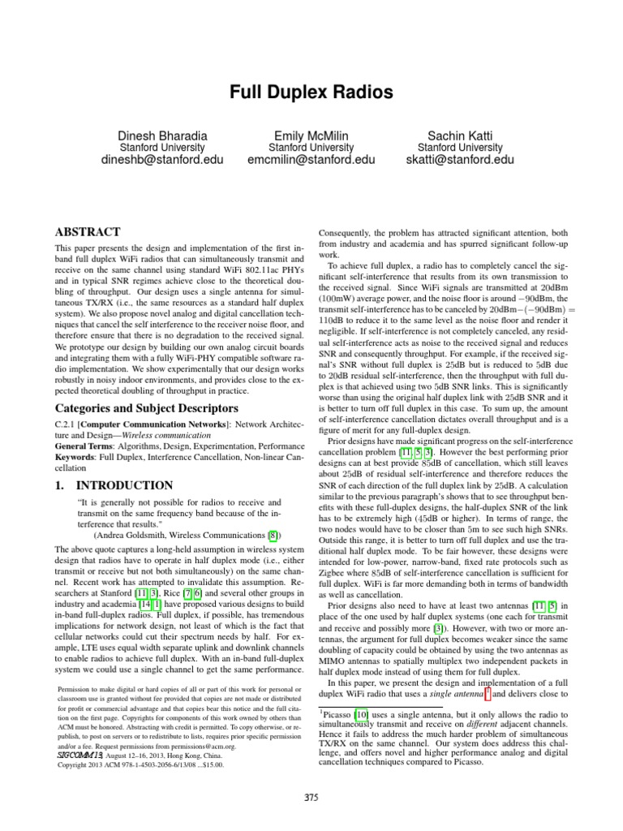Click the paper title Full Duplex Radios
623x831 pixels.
click(311, 93)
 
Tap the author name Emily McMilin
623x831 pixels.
click(311, 134)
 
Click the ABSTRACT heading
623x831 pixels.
click(87, 231)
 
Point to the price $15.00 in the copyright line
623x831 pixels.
click(208, 764)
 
